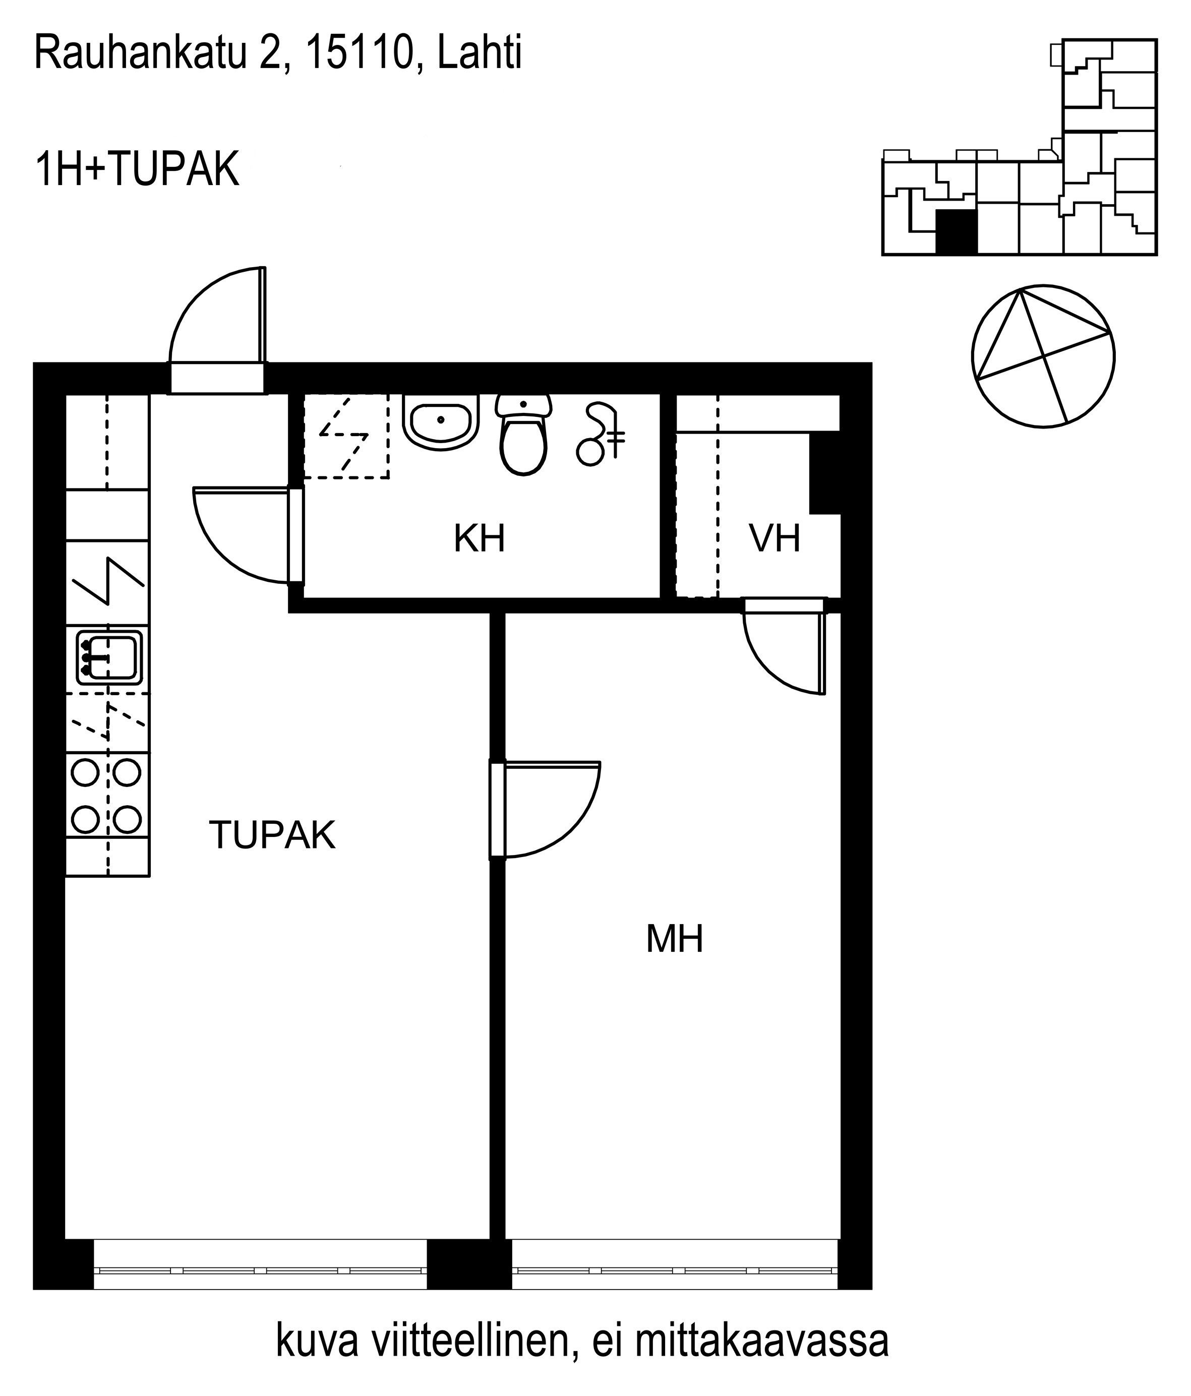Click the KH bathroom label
479,538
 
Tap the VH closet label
775,538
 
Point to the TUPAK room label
272,835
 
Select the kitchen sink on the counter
108,656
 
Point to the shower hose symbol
600,433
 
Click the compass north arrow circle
1043,356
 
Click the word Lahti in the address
479,53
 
